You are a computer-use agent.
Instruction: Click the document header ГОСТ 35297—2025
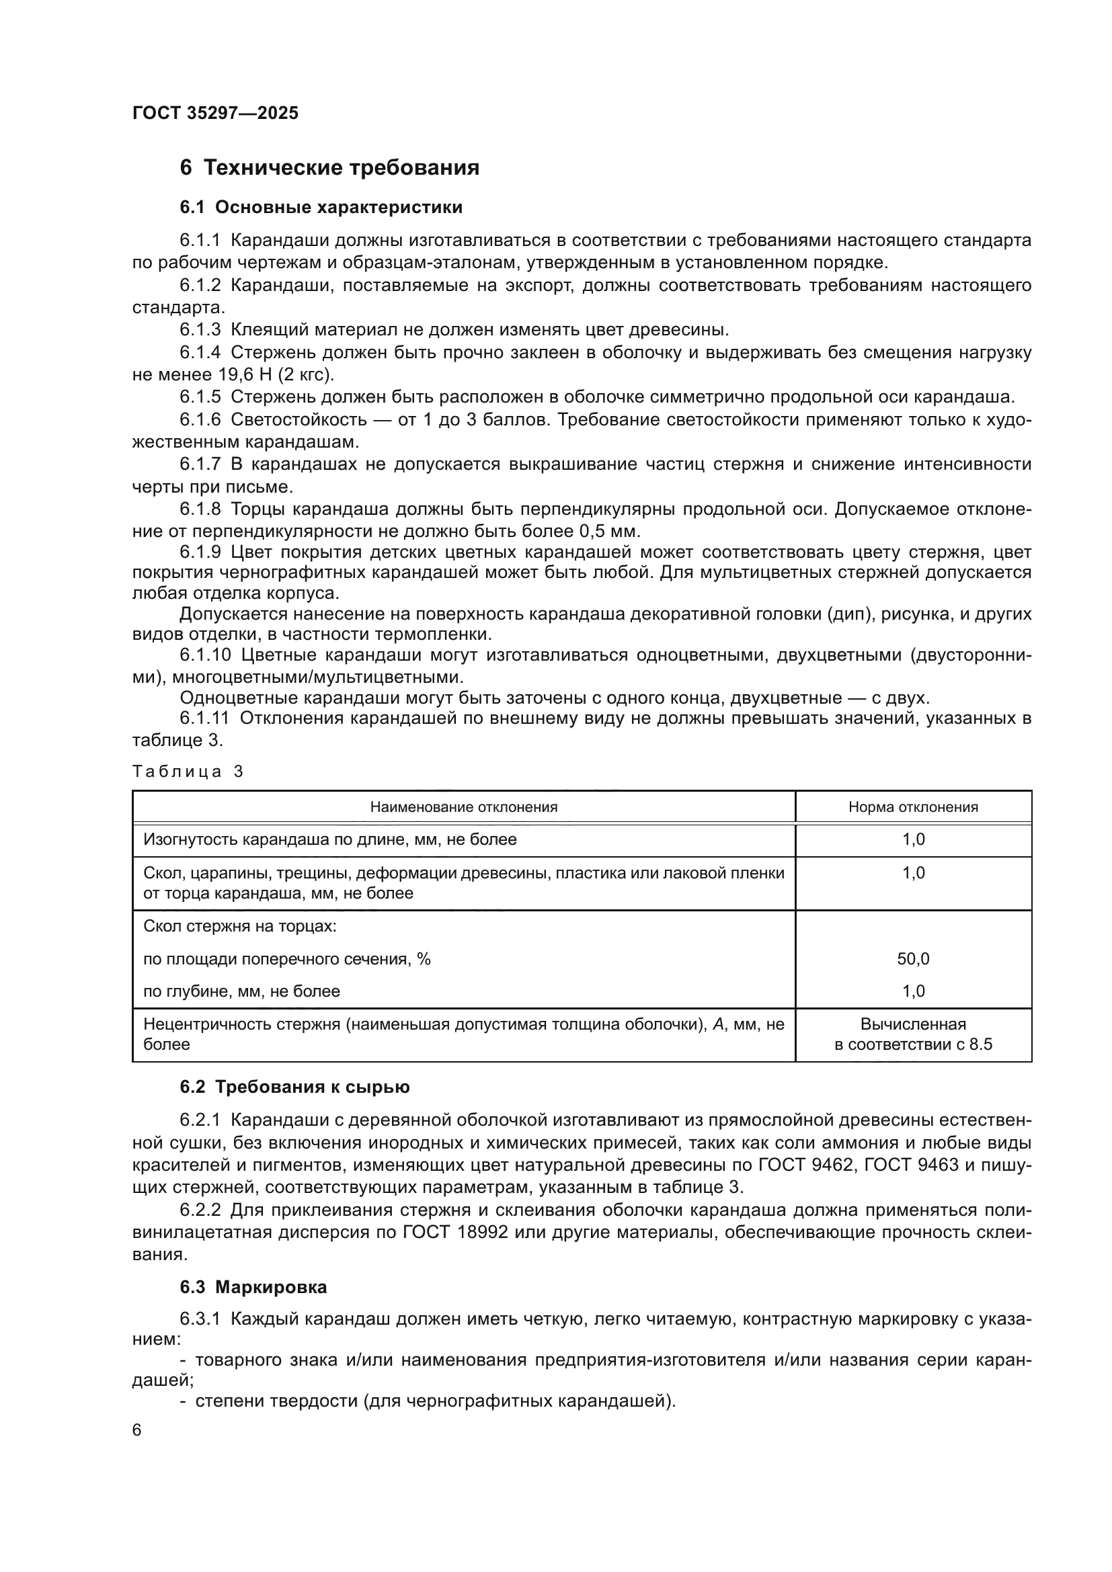[215, 114]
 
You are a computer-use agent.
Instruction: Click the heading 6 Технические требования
[329, 168]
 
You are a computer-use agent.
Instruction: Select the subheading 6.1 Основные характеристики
[321, 208]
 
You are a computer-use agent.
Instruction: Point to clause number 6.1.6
[200, 419]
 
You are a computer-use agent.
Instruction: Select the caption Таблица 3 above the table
[188, 772]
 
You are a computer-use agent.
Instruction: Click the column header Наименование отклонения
[464, 807]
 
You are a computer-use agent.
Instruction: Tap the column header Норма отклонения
[913, 807]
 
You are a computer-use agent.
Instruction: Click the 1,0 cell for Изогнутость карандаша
[913, 839]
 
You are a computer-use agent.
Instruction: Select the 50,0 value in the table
[913, 959]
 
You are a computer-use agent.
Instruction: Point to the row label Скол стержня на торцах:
[239, 926]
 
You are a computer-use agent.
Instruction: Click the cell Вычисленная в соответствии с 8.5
[913, 1034]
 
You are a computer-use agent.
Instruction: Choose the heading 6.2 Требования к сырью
[294, 1087]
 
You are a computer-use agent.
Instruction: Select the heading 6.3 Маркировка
[253, 1287]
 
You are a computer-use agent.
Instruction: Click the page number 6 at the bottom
[137, 1430]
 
